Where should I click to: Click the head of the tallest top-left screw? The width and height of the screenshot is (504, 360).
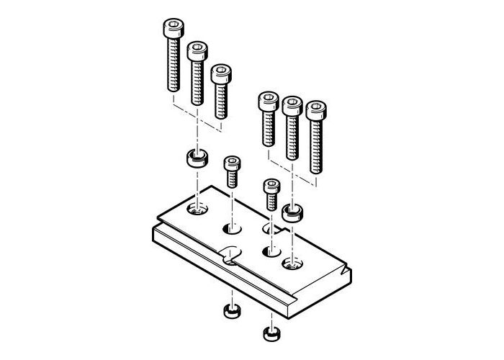[x=173, y=30]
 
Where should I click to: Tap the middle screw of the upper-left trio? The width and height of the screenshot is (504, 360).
[x=196, y=72]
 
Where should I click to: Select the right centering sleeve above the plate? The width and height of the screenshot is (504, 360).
[x=292, y=212]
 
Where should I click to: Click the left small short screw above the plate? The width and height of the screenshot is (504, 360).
[x=232, y=171]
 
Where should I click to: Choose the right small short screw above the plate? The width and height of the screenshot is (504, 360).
[x=271, y=194]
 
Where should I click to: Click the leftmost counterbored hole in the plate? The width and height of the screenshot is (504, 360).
[x=196, y=210]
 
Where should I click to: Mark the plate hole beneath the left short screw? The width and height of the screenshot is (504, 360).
[x=233, y=230]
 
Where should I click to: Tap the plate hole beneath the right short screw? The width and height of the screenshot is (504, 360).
[x=271, y=251]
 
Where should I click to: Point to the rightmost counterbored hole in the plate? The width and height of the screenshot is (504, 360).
[x=292, y=263]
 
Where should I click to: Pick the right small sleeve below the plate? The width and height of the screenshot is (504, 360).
[x=269, y=333]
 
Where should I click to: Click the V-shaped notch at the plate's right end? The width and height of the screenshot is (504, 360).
[x=347, y=271]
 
